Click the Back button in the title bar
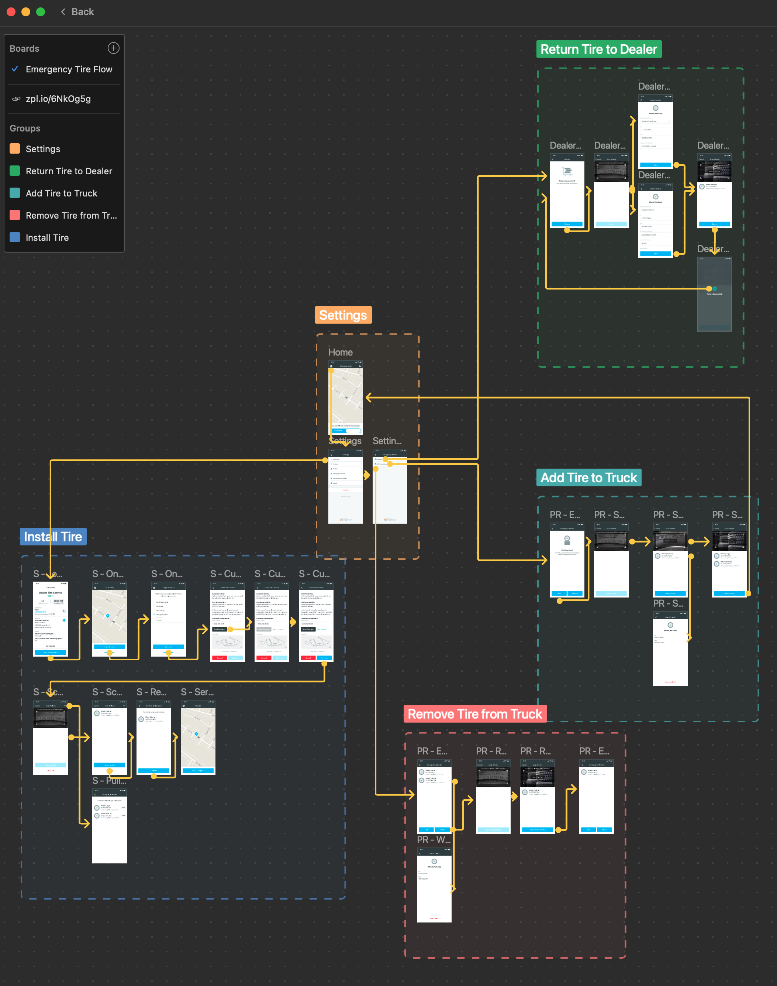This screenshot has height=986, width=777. pos(77,12)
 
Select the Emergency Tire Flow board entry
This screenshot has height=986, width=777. pos(69,69)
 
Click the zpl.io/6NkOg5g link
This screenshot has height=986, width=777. pos(58,99)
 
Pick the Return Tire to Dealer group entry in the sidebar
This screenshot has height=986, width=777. pos(69,171)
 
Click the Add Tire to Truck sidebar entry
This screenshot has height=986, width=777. pos(61,194)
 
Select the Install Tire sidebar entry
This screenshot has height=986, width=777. pos(47,237)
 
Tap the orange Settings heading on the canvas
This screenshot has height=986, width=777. pos(343,315)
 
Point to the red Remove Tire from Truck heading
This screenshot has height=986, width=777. pos(474,714)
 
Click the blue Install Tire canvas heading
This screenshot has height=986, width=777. pos(53,537)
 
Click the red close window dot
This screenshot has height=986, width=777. pos(11,12)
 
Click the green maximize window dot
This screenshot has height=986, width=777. pos(41,12)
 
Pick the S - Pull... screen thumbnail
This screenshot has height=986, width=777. pos(109,826)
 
